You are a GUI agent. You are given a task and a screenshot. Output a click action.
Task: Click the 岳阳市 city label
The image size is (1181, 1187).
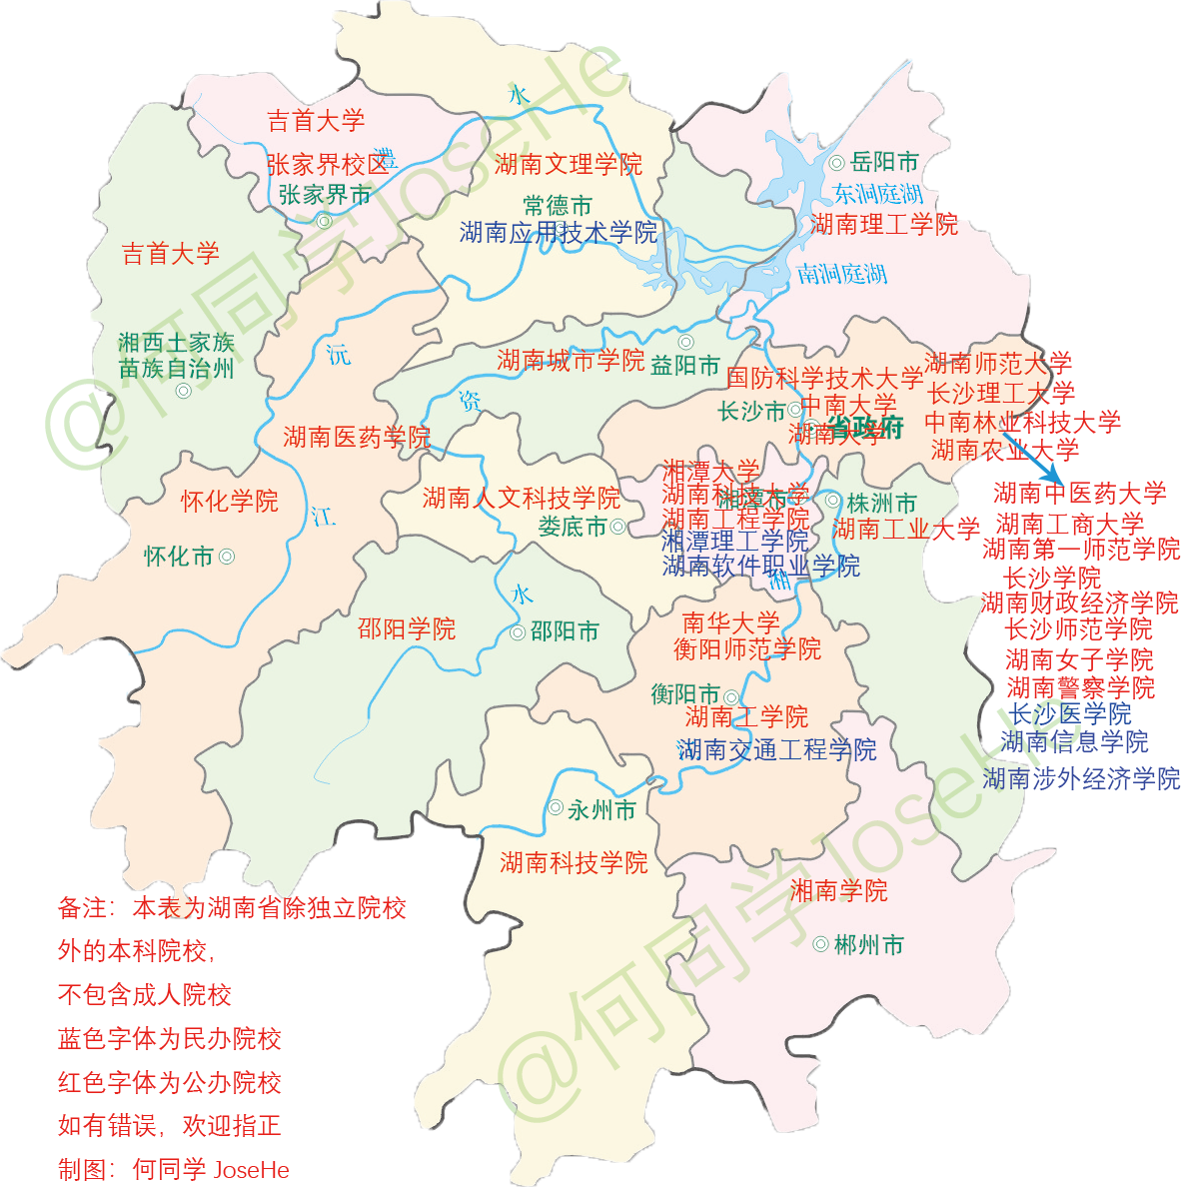tap(884, 162)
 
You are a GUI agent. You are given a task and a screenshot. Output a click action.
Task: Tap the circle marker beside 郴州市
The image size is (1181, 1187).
tap(820, 944)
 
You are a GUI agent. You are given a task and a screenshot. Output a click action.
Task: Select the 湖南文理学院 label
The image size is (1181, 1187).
tap(568, 164)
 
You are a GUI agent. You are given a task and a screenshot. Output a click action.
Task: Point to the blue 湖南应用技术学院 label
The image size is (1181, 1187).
tap(559, 233)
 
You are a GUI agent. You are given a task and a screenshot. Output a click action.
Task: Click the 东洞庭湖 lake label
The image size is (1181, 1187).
tap(878, 193)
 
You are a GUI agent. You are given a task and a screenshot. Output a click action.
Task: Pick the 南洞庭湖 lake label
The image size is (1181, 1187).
tap(841, 273)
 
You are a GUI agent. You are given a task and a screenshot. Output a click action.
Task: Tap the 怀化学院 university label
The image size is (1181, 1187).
tap(230, 502)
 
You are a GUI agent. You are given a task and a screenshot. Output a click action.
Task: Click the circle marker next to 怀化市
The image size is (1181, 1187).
tap(227, 557)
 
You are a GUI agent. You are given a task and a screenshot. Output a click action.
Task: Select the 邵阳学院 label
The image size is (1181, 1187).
tap(407, 628)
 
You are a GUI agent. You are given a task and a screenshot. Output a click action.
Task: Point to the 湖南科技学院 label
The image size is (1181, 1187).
tap(574, 862)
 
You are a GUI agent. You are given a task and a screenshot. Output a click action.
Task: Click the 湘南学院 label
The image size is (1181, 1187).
tap(838, 890)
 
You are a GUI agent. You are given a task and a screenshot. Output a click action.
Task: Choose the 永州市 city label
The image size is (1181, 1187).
tap(601, 810)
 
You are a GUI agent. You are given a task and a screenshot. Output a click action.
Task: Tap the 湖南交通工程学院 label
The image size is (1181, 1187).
tap(776, 749)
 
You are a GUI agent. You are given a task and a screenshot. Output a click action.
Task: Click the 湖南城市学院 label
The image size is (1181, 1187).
tap(571, 361)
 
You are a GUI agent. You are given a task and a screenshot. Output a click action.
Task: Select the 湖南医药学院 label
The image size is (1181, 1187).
tap(356, 437)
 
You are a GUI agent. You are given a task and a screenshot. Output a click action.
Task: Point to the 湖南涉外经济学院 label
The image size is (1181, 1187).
tap(1081, 778)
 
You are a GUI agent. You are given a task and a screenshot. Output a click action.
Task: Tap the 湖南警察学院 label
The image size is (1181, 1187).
tap(1080, 687)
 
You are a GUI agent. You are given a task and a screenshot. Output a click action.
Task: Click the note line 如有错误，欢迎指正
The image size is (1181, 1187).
tap(170, 1126)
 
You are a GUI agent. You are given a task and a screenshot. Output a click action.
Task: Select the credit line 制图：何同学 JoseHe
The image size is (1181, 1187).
tap(174, 1169)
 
